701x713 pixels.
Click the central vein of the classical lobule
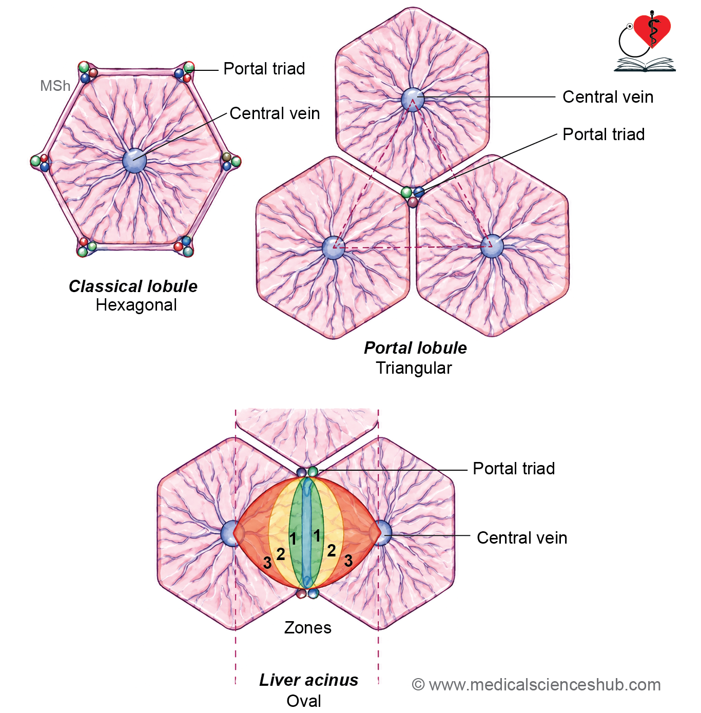134,161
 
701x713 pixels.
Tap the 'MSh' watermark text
55,86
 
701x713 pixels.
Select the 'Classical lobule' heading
133,286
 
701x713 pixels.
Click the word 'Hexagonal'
136,305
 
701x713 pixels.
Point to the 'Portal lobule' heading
416,348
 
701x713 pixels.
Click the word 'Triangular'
414,368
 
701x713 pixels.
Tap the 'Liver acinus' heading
309,680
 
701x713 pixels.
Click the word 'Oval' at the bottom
304,701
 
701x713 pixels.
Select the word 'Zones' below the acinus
308,627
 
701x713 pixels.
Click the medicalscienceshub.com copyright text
536,684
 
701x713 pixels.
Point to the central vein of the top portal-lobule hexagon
413,100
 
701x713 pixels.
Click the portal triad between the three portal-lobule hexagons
413,196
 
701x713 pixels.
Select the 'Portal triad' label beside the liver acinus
514,469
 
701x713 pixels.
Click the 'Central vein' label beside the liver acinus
522,537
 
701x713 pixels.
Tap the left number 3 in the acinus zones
267,563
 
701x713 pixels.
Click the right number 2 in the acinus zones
332,551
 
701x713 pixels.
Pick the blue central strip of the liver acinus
307,533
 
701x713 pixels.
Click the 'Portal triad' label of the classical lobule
264,68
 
